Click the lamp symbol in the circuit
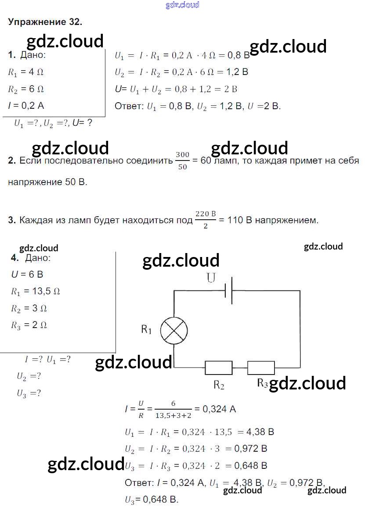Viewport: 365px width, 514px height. click(174, 330)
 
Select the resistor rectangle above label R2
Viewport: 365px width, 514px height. click(219, 368)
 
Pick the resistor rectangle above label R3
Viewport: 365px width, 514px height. click(261, 368)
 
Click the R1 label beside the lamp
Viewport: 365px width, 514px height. click(146, 329)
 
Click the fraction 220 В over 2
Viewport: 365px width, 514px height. click(206, 219)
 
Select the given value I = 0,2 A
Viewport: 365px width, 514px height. click(26, 105)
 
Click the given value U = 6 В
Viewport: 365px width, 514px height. click(27, 275)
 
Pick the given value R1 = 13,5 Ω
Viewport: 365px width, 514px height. click(35, 291)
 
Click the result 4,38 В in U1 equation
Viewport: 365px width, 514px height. click(260, 432)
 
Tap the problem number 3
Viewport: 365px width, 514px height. click(12, 220)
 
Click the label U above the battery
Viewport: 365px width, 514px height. click(211, 278)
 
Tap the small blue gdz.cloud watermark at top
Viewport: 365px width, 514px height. click(182, 5)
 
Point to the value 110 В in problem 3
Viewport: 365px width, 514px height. click(239, 220)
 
